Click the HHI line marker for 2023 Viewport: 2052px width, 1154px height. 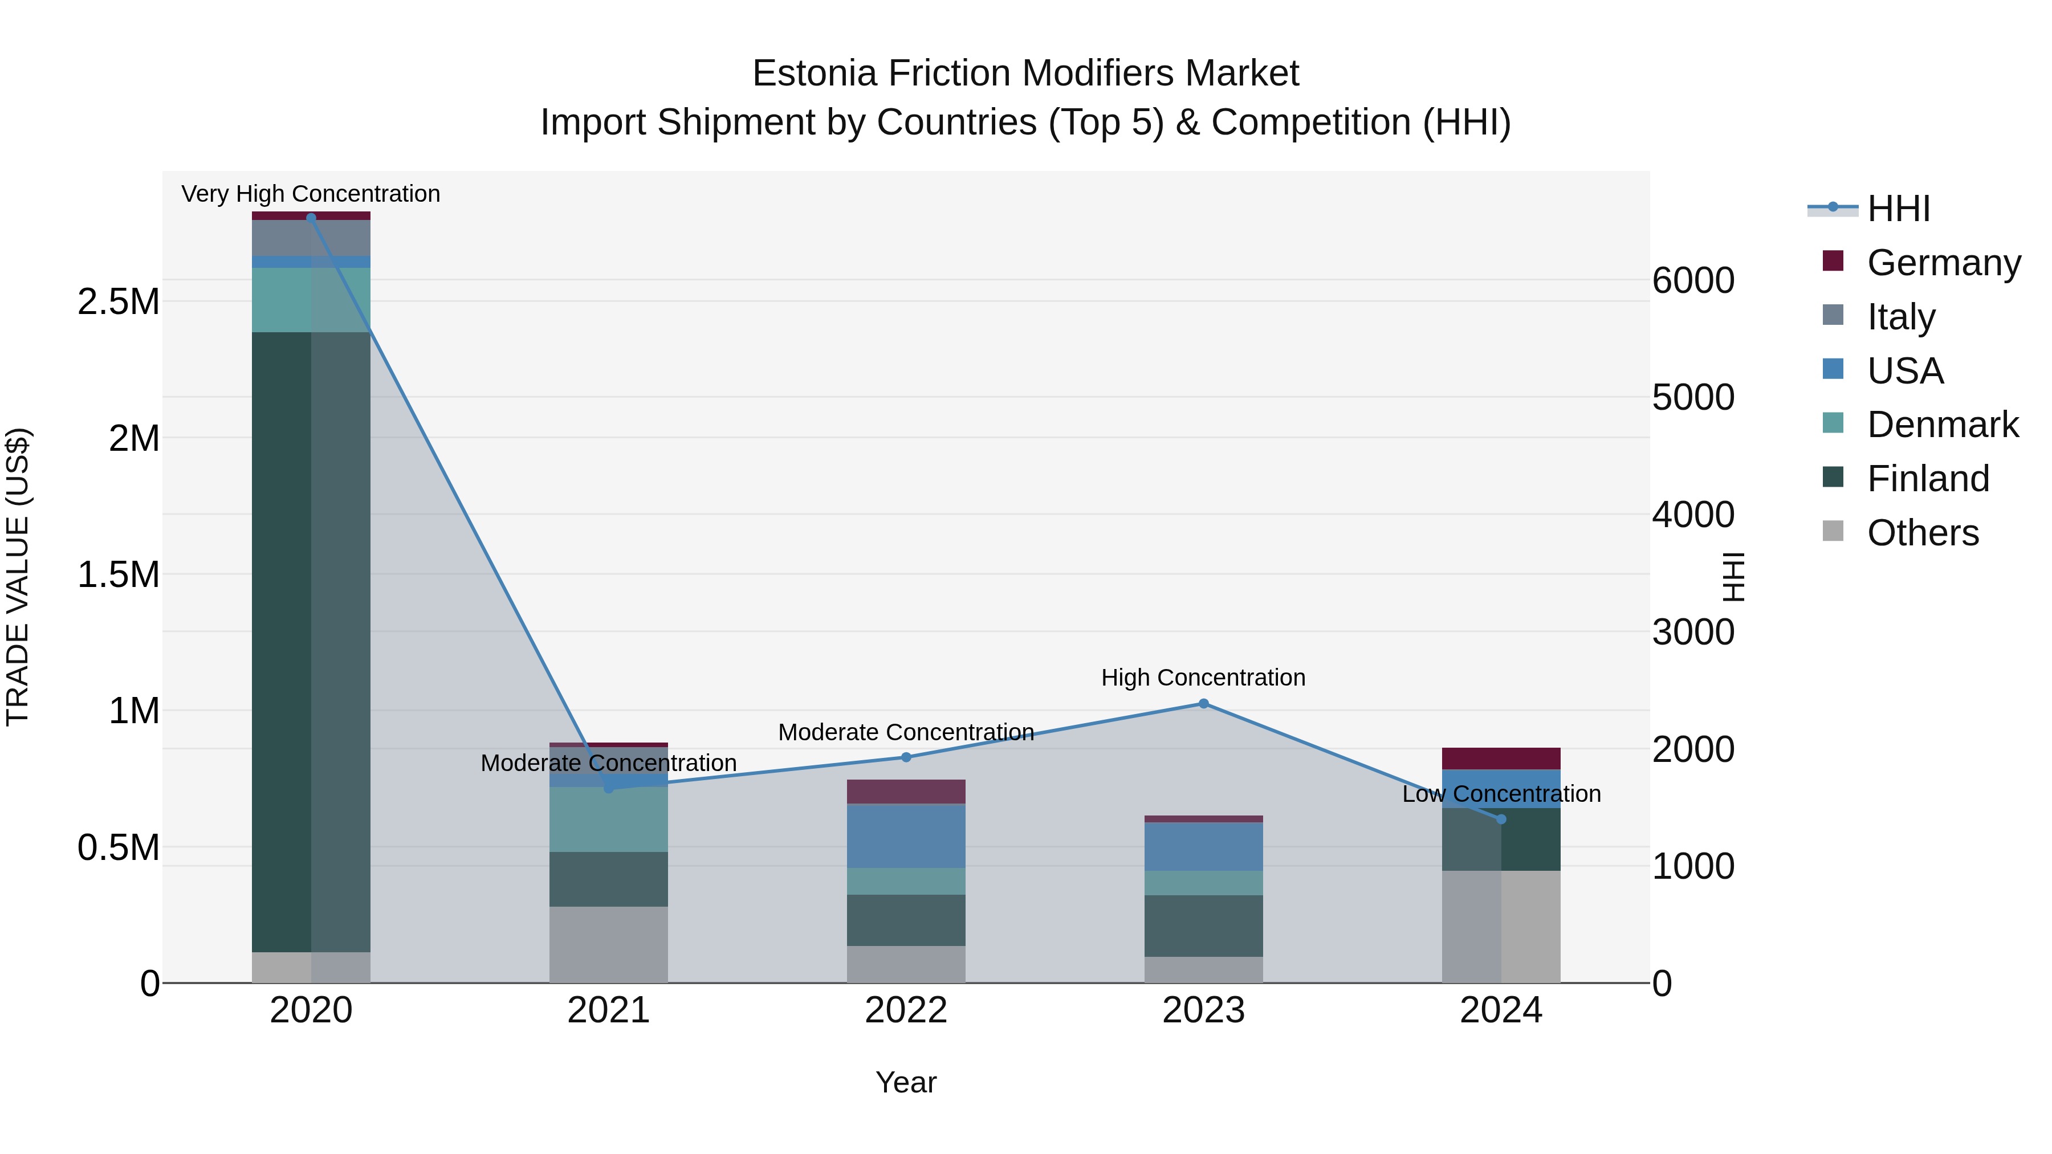(x=1203, y=703)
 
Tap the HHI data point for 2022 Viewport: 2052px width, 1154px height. (x=906, y=757)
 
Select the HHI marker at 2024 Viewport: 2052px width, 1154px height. (x=1501, y=819)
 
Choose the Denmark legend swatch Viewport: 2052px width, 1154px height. (x=1832, y=423)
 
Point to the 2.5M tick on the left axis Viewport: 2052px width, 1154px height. (x=118, y=302)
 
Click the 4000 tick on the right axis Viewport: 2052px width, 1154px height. (x=1693, y=515)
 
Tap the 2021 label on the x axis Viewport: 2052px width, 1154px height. (x=608, y=1010)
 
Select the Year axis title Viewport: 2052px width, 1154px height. (x=906, y=1082)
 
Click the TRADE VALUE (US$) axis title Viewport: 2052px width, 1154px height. (x=18, y=577)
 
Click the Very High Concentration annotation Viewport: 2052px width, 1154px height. (x=311, y=194)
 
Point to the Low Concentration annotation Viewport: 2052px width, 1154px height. (x=1501, y=793)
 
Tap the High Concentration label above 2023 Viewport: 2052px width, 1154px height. (x=1203, y=677)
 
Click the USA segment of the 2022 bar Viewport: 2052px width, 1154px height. (x=906, y=835)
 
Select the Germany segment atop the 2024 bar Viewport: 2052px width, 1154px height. (x=1501, y=758)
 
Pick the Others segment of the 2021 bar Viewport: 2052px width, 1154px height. (x=608, y=944)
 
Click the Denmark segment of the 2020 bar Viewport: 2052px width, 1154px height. (x=311, y=299)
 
